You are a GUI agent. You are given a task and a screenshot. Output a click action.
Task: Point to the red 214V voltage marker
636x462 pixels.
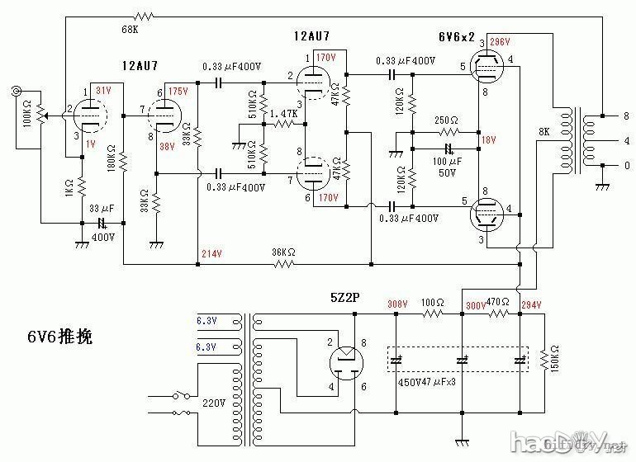tap(211, 253)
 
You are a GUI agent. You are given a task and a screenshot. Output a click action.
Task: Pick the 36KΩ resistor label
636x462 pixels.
tap(285, 252)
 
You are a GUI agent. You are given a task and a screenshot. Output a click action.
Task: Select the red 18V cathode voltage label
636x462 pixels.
tap(489, 141)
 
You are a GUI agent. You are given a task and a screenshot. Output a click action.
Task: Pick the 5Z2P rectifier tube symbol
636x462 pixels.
tap(347, 361)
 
